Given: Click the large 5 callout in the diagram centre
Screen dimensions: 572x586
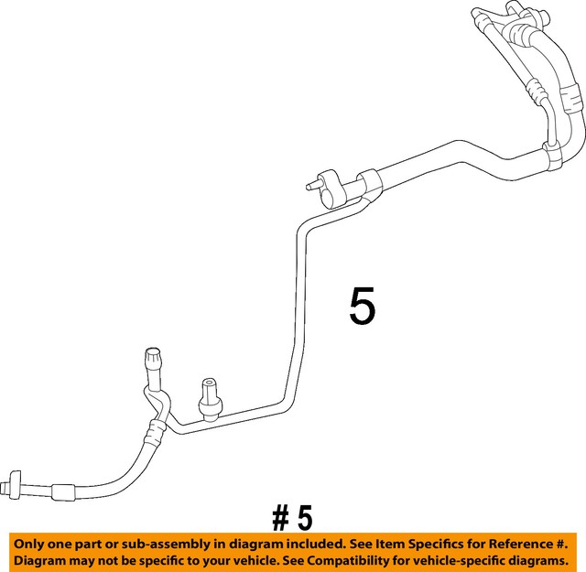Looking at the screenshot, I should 363,306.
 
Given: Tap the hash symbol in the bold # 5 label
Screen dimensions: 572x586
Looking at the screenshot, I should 279,519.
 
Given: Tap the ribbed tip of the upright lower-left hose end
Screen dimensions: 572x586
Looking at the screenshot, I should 153,356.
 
